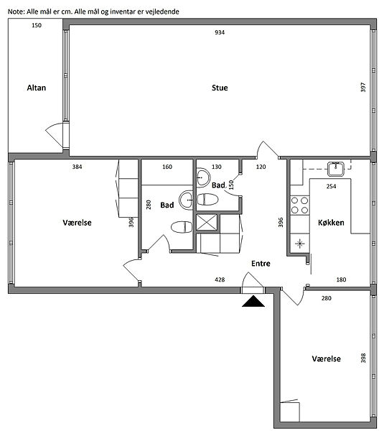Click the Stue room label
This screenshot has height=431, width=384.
pyautogui.click(x=220, y=88)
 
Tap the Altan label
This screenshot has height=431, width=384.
pyautogui.click(x=37, y=88)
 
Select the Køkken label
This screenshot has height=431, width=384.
pyautogui.click(x=331, y=223)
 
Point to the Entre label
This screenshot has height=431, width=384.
pyautogui.click(x=261, y=264)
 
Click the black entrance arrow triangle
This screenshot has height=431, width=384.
pyautogui.click(x=253, y=301)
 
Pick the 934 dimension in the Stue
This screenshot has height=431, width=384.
pyautogui.click(x=220, y=32)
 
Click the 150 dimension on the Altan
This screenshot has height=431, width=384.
pyautogui.click(x=37, y=25)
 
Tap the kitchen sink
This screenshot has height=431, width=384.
pyautogui.click(x=336, y=169)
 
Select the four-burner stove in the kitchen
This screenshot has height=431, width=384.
pyautogui.click(x=300, y=205)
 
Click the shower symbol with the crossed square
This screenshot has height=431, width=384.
pyautogui.click(x=207, y=223)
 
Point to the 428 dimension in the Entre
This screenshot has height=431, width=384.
pyautogui.click(x=220, y=279)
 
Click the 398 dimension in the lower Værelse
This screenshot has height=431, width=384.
pyautogui.click(x=363, y=358)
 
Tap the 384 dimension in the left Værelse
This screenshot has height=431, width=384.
pyautogui.click(x=78, y=167)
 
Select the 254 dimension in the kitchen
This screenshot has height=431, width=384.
pyautogui.click(x=332, y=186)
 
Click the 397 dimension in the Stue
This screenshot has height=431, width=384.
pyautogui.click(x=363, y=87)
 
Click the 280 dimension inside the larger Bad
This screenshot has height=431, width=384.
pyautogui.click(x=149, y=205)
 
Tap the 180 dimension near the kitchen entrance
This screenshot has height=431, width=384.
pyautogui.click(x=341, y=279)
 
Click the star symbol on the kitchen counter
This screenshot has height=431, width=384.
pyautogui.click(x=300, y=244)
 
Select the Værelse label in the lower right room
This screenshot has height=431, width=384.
pyautogui.click(x=327, y=358)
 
